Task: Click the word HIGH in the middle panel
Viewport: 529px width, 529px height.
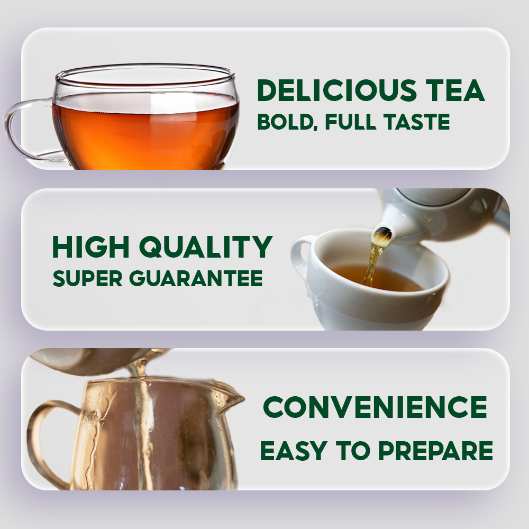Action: (91, 247)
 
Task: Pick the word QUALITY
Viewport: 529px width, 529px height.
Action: (206, 248)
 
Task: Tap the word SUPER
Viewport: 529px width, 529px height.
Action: (87, 278)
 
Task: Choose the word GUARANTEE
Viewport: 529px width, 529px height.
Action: (196, 278)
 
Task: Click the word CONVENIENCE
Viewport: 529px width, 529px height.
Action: (375, 407)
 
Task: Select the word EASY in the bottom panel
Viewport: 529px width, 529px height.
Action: (294, 451)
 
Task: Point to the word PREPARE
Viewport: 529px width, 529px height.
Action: (435, 451)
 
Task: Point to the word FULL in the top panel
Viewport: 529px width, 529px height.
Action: (350, 122)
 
